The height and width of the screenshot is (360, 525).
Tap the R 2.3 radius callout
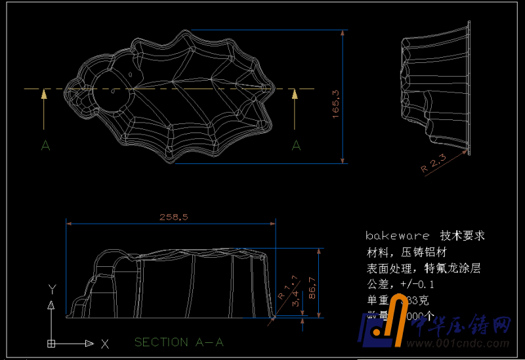tap(434, 163)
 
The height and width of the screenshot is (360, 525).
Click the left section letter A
tap(45, 146)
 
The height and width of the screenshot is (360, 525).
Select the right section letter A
tap(296, 146)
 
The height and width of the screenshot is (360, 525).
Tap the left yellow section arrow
tap(44, 108)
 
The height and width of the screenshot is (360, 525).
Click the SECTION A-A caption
tap(179, 342)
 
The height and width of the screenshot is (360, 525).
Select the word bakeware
tap(398, 235)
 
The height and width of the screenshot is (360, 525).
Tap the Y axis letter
tap(51, 289)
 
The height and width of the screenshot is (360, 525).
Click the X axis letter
tap(105, 343)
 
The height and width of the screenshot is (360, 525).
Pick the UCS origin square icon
tap(51, 342)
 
